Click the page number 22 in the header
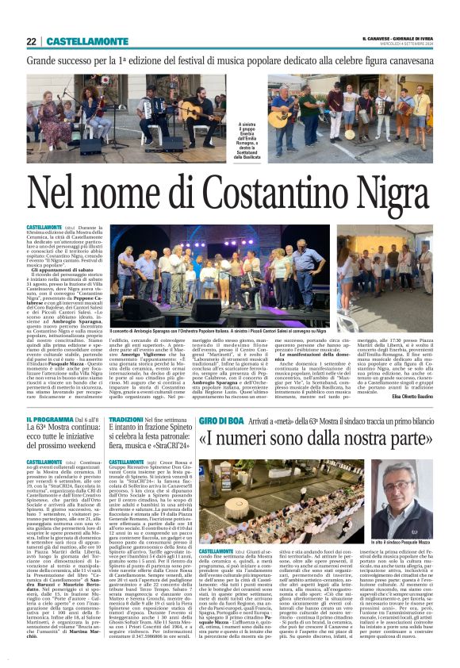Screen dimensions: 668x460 pyautogui.click(x=31, y=41)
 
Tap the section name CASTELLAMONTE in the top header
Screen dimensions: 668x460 pyautogui.click(x=76, y=41)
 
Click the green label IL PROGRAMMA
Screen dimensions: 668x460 pyautogui.click(x=49, y=418)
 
